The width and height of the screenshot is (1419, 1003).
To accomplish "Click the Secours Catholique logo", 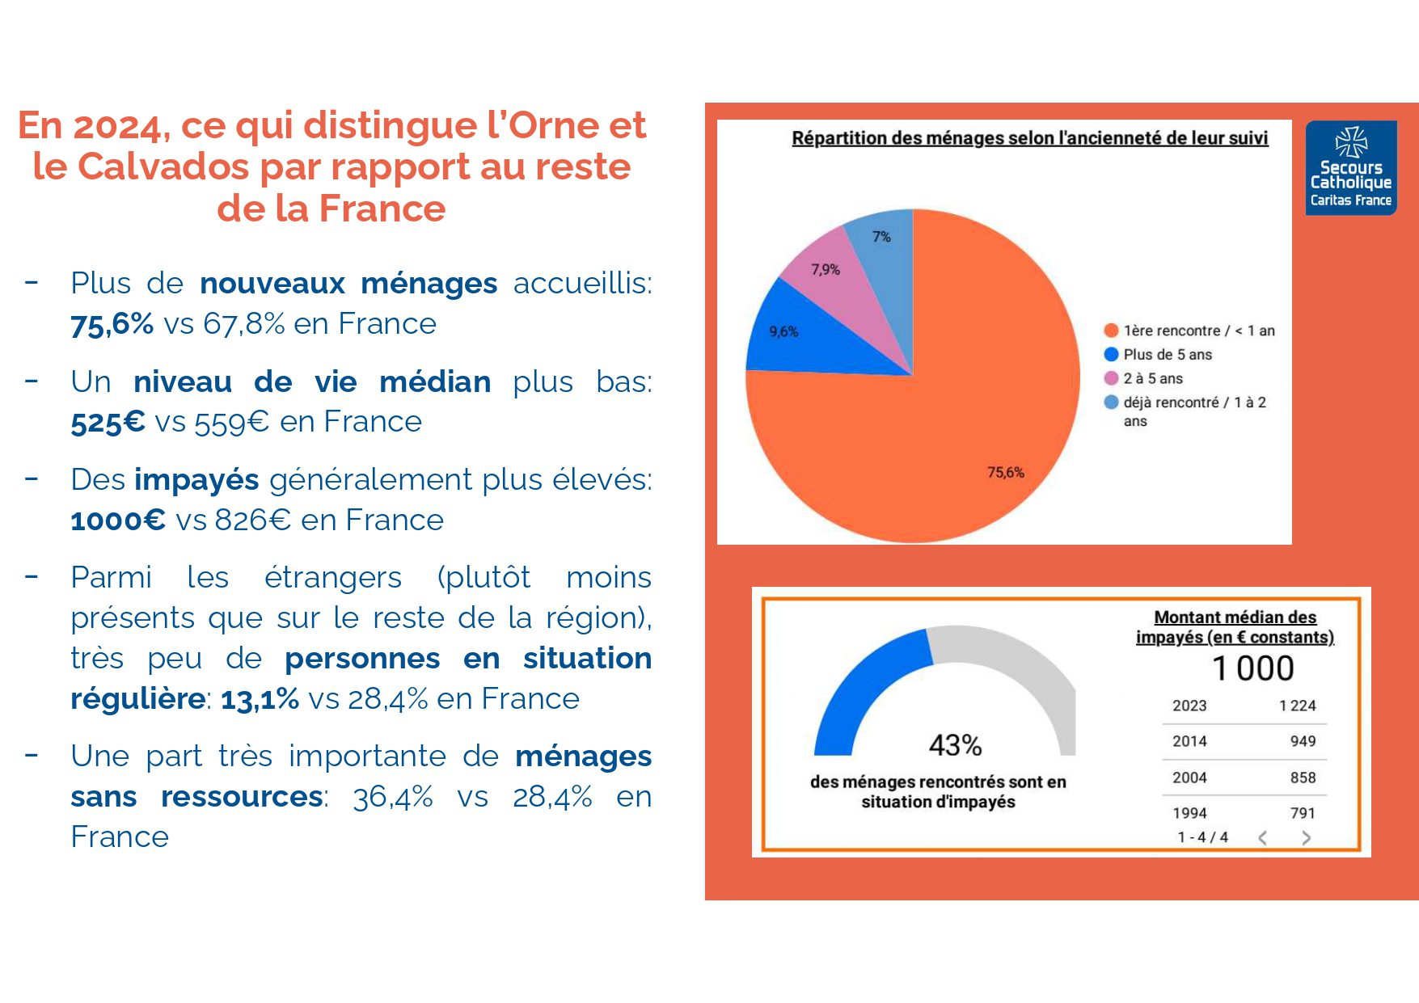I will coord(1350,168).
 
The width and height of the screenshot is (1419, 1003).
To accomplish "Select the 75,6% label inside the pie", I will coord(1005,473).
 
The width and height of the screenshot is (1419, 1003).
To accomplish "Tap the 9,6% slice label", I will coord(783,331).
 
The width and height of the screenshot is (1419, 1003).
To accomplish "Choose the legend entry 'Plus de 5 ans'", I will coord(1167,355).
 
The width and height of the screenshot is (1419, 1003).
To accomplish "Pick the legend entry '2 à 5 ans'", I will coord(1152,378).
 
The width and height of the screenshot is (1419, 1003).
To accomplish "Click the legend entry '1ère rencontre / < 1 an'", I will coord(1198,331).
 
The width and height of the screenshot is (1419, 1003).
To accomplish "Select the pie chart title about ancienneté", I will coord(1029,138).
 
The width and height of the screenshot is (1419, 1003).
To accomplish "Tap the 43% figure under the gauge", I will coord(955,744).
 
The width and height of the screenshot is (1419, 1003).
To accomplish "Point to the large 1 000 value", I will coord(1252,669).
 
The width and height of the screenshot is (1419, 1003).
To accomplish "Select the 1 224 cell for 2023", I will coord(1297,706).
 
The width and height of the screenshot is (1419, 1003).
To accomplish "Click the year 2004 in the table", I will coord(1189,778).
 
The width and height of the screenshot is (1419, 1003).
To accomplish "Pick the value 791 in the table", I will coord(1303,813).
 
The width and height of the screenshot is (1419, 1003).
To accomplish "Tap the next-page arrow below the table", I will coord(1306,838).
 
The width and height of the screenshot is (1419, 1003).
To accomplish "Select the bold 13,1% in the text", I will coord(260,699).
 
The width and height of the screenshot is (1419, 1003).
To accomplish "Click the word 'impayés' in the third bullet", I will coord(196,480).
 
